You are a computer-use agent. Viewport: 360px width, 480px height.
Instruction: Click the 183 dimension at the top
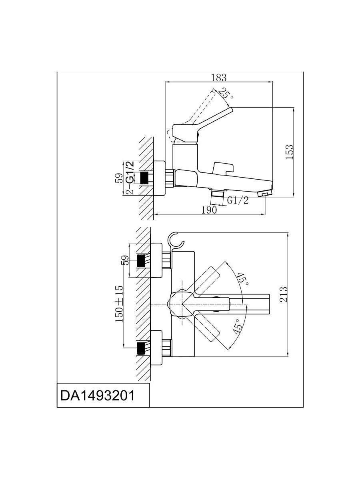coord(218,78)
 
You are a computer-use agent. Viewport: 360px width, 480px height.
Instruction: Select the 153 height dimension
coord(290,152)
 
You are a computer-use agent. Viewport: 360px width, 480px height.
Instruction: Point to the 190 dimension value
coord(209,210)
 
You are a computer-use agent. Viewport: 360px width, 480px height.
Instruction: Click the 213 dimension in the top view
coord(284,295)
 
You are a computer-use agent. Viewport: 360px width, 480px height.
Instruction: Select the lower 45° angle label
coord(238,327)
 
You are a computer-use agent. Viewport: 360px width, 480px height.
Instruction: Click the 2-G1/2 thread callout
coord(129,178)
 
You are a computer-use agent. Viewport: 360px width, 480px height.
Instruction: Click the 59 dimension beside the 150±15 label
coord(125,260)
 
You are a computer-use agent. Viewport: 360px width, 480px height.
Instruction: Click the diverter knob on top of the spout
coord(222,167)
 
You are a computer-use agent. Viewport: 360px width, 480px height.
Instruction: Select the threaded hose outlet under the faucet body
coord(218,195)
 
